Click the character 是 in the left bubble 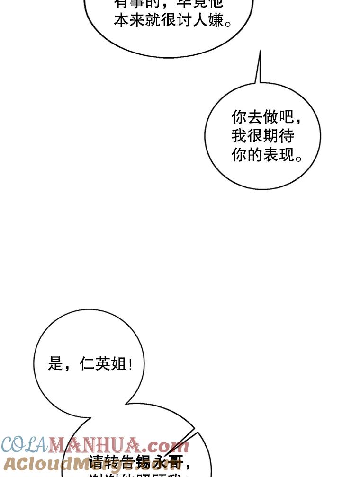pyautogui.click(x=55, y=364)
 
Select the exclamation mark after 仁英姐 pyautogui.click(x=130, y=364)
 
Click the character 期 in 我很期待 pyautogui.click(x=271, y=136)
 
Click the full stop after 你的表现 pyautogui.click(x=299, y=158)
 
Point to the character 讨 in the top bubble pyautogui.click(x=184, y=20)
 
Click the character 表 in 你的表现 pyautogui.click(x=271, y=155)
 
